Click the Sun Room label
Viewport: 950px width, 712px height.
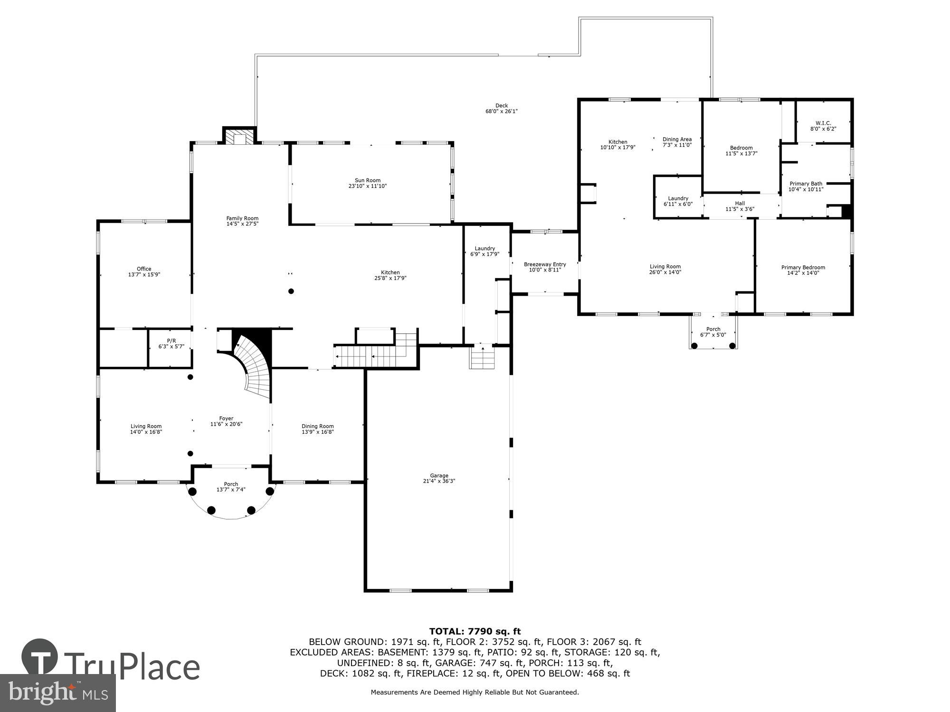point(368,180)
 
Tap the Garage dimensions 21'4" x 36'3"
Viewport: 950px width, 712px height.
point(439,481)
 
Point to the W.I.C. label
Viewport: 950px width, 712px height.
point(823,123)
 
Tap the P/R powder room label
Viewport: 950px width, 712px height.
point(171,341)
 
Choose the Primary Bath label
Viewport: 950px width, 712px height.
point(806,184)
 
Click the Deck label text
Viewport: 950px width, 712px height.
point(502,106)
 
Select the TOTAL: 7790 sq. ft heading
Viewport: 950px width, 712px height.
point(475,631)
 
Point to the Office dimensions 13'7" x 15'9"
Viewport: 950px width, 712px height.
point(144,274)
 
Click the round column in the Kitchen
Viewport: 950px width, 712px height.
point(291,291)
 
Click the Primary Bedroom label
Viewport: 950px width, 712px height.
point(803,267)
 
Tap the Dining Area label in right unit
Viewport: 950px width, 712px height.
point(677,139)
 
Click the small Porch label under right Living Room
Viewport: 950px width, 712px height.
point(713,329)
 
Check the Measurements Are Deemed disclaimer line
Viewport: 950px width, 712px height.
point(475,693)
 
